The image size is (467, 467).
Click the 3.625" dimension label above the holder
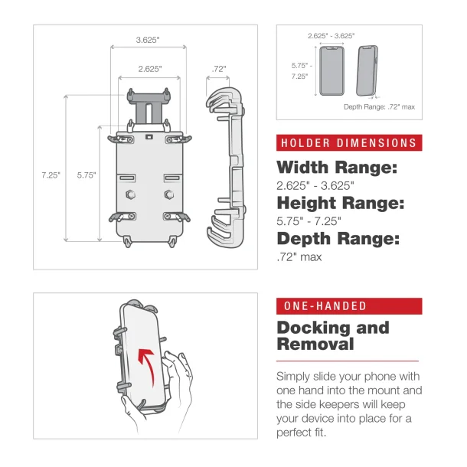(x=149, y=40)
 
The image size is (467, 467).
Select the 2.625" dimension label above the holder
(x=149, y=69)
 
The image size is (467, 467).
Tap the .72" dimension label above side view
(x=219, y=69)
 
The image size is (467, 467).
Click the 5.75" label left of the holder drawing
(x=87, y=175)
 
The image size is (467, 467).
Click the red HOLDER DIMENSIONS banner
(x=349, y=143)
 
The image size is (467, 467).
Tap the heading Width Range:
(x=337, y=168)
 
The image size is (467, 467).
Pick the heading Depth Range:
(x=338, y=240)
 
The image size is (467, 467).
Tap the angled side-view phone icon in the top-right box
(x=367, y=71)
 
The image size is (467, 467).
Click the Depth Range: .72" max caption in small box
(x=379, y=107)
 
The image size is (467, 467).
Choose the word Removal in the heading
(x=315, y=345)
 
